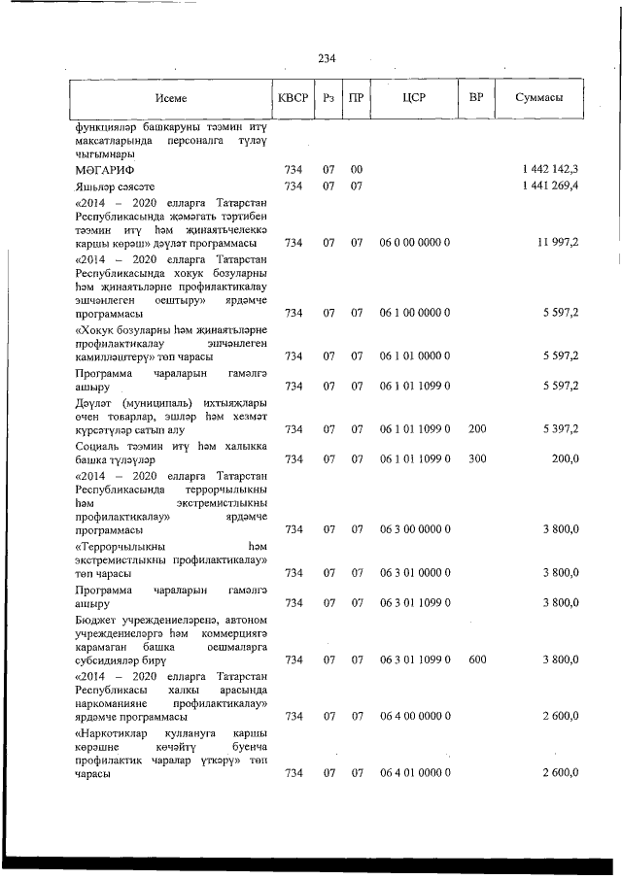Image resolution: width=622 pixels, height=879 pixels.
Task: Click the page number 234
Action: pos(327,59)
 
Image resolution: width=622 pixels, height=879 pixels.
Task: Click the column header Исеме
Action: pos(170,98)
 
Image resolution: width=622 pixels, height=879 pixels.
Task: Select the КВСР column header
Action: pos(292,98)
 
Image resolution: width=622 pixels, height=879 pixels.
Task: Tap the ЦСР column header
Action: pos(414,98)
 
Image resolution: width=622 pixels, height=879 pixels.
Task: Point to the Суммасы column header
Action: pos(537,98)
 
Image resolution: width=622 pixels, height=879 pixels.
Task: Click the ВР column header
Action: pos(476,98)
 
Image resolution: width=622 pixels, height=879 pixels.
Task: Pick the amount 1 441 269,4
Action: pos(550,186)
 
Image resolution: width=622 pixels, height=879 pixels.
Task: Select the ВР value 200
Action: pos(476,428)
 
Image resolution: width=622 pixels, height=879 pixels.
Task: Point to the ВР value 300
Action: pos(476,458)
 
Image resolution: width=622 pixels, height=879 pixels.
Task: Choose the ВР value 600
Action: pos(476,659)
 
